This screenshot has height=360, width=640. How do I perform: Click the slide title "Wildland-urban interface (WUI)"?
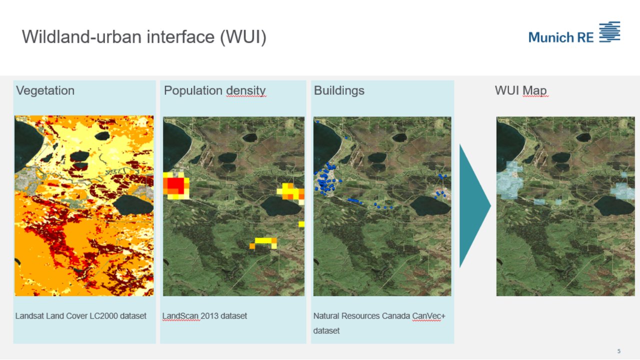pyautogui.click(x=143, y=37)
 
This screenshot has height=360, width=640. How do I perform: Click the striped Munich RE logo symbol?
pyautogui.click(x=609, y=31)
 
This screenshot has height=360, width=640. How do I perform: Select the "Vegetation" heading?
pyautogui.click(x=45, y=90)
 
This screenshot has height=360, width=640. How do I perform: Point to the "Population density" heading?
pyautogui.click(x=214, y=90)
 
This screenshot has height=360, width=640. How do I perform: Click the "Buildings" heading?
pyautogui.click(x=339, y=90)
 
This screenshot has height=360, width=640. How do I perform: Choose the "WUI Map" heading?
pyautogui.click(x=520, y=90)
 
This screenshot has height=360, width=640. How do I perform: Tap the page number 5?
pyautogui.click(x=618, y=351)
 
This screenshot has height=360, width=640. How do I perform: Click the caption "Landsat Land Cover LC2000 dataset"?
pyautogui.click(x=80, y=316)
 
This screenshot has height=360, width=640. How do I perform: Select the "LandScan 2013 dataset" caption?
pyautogui.click(x=204, y=316)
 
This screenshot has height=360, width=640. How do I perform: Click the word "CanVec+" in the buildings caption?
pyautogui.click(x=426, y=316)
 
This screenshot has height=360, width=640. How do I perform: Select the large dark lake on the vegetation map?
pyautogui.click(x=133, y=204)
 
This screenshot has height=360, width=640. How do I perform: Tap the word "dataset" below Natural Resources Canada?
pyautogui.click(x=326, y=331)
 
